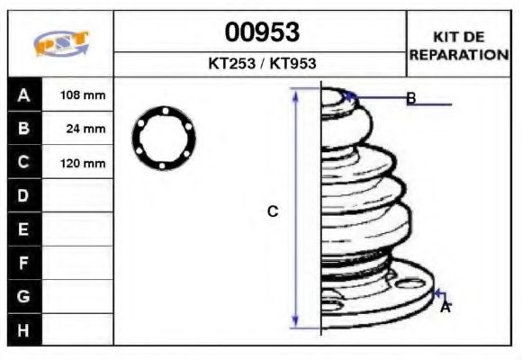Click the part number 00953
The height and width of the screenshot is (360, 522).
[x=261, y=32]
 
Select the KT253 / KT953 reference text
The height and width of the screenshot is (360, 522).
[x=261, y=64]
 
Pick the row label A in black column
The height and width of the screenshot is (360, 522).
[x=23, y=94]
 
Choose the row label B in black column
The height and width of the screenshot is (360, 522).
[x=23, y=129]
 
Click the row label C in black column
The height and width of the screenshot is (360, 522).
[x=23, y=163]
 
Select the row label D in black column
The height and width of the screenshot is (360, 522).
[x=23, y=195]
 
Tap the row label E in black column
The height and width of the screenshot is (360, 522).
[x=23, y=229]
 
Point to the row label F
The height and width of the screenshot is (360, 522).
[x=23, y=263]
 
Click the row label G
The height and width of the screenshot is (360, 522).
[x=23, y=296]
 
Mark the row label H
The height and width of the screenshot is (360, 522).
[x=23, y=329]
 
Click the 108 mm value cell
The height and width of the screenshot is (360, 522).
[x=82, y=94]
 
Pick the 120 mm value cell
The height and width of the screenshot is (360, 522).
[x=82, y=163]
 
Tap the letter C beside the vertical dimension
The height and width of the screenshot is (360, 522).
[x=273, y=211]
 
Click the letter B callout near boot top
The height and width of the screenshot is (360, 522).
[x=410, y=98]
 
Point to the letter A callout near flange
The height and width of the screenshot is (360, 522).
[x=445, y=307]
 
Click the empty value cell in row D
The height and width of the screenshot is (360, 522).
[x=78, y=195]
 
